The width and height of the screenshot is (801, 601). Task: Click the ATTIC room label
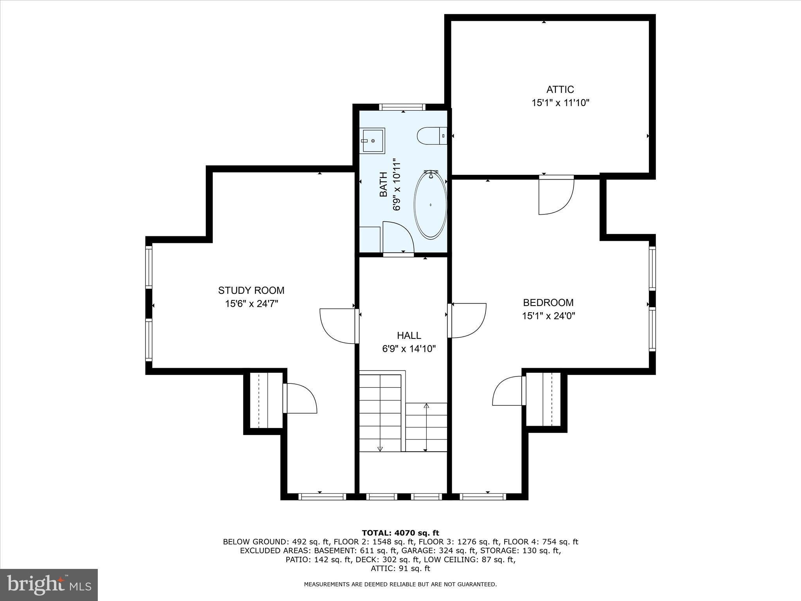pyautogui.click(x=560, y=90)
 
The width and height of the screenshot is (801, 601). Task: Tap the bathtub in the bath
pyautogui.click(x=430, y=205)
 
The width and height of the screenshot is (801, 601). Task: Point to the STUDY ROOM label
pyautogui.click(x=251, y=290)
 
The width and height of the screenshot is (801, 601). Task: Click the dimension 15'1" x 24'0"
pyautogui.click(x=548, y=316)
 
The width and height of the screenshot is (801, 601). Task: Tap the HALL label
pyautogui.click(x=409, y=335)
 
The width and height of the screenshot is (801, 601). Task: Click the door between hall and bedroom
pyautogui.click(x=468, y=320)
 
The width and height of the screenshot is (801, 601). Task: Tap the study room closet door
pyautogui.click(x=299, y=398)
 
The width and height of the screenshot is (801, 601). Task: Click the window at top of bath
pyautogui.click(x=402, y=107)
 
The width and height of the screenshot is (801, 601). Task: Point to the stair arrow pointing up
pyautogui.click(x=426, y=406)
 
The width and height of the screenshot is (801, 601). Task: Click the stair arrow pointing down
pyautogui.click(x=380, y=449)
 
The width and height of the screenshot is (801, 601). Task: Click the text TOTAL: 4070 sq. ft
pyautogui.click(x=400, y=533)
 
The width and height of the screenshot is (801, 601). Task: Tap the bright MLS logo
pyautogui.click(x=49, y=585)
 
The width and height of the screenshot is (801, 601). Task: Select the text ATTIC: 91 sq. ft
pyautogui.click(x=400, y=569)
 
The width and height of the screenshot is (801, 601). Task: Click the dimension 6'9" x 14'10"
pyautogui.click(x=409, y=349)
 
